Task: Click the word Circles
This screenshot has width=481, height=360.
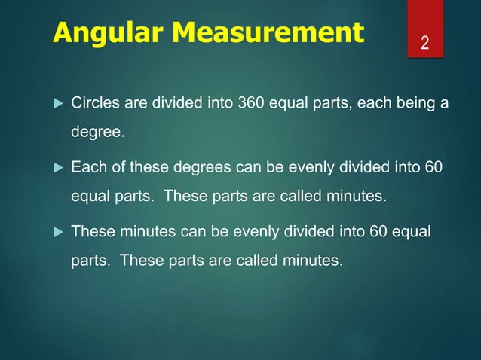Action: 93,102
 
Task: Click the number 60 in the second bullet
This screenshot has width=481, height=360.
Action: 434,166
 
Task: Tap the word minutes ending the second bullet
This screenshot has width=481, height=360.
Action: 359,197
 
